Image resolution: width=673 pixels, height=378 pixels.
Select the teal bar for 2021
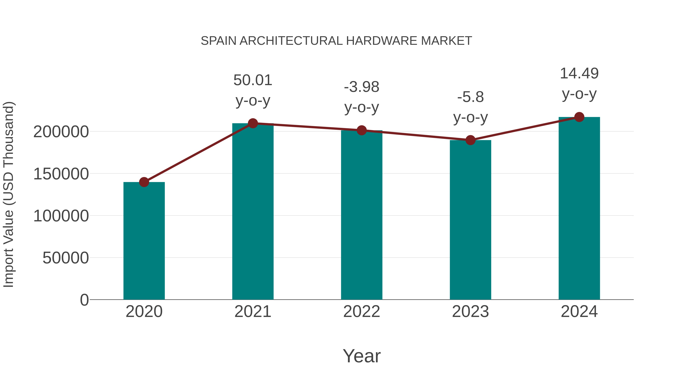coord(253,211)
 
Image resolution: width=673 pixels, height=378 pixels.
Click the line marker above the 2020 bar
coord(144,182)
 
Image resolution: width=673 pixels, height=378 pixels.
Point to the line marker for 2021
coord(253,123)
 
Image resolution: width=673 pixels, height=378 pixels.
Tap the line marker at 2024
coord(579,117)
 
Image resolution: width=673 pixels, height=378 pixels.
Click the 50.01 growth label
coord(253,80)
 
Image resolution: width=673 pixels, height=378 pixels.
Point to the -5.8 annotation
coord(470,97)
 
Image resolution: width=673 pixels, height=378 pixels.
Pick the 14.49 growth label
coord(579,74)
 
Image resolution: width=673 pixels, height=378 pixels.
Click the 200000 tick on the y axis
coord(61,132)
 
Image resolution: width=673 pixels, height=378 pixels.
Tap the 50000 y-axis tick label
coord(66,258)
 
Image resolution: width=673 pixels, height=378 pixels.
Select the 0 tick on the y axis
coord(84,300)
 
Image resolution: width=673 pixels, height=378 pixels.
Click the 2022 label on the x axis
coord(362,312)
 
